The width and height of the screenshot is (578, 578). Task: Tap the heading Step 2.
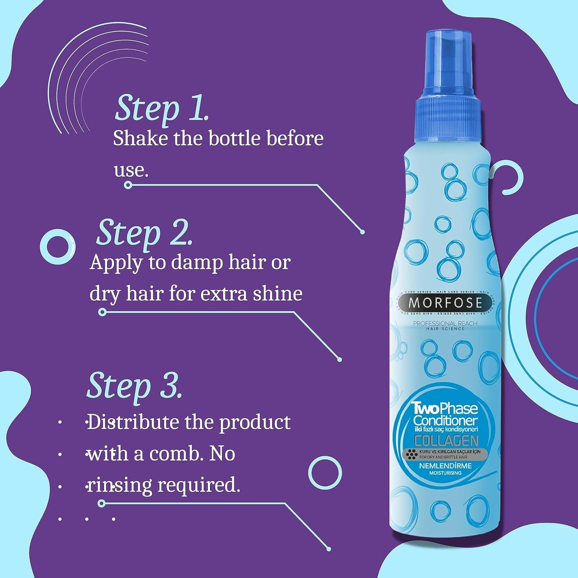point(144,233)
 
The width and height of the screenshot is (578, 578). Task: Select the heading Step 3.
point(134,386)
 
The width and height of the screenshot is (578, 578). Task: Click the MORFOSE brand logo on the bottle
point(445,303)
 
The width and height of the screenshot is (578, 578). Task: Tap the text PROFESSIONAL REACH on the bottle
point(445,323)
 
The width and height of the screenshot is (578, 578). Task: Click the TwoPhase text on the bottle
point(445,409)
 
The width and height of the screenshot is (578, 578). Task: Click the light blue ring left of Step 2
point(58,246)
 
